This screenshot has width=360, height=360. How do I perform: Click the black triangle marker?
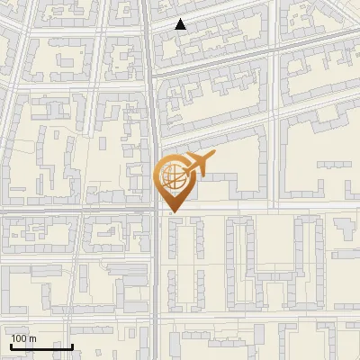coord(181,24)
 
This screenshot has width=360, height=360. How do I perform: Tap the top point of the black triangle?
coord(181,19)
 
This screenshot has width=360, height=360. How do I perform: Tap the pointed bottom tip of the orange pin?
coord(174,212)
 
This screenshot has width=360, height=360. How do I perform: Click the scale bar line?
coord(41,347)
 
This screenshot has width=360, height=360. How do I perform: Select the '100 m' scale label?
coord(24,338)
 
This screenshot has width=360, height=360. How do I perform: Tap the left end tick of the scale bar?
coord(11,346)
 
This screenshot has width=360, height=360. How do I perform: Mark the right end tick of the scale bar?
coord(72,346)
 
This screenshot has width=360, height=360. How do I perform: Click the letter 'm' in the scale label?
coord(33,338)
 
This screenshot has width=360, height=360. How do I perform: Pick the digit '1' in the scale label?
coord(14,338)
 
